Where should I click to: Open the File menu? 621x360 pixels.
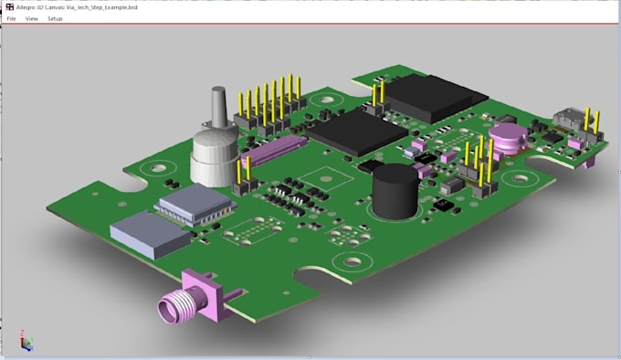(11, 18)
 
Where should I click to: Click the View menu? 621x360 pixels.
(32, 18)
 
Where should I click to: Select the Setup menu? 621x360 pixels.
(55, 18)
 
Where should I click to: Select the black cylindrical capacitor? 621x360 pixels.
(395, 192)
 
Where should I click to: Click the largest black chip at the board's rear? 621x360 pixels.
(429, 97)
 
